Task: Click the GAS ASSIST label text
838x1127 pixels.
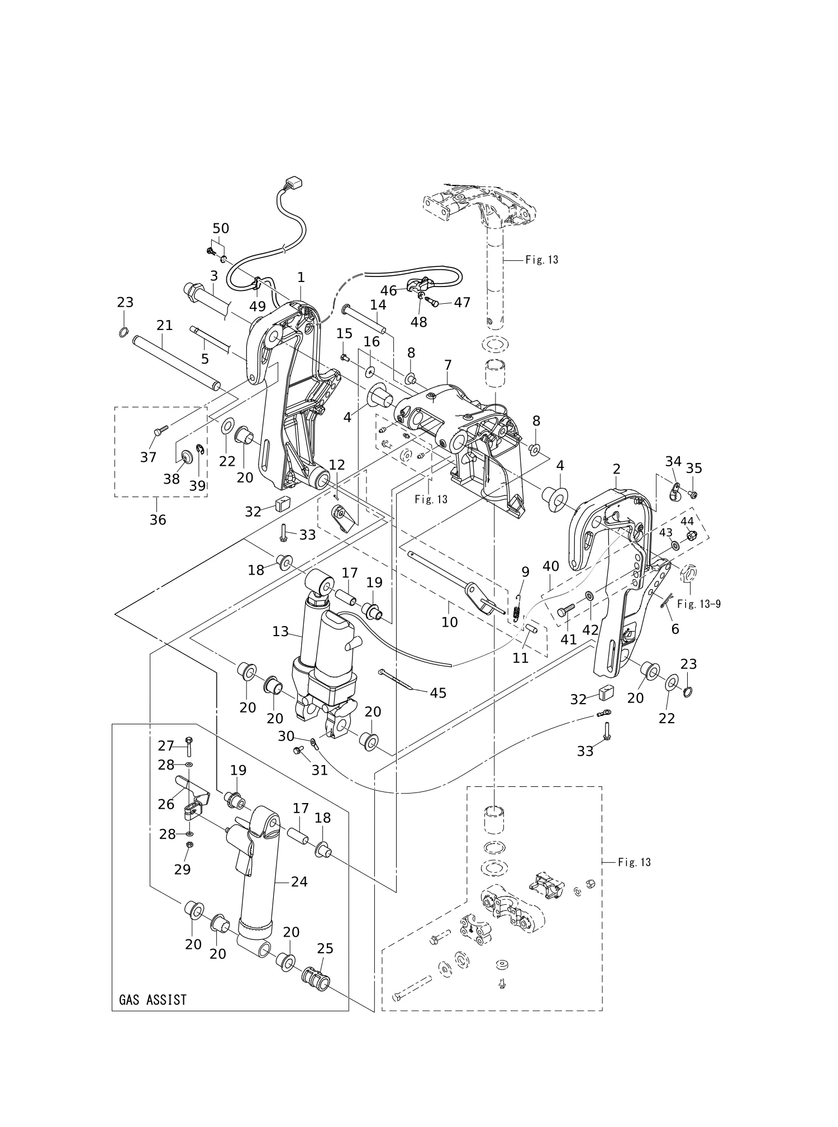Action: point(153,999)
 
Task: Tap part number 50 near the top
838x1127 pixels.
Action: point(221,228)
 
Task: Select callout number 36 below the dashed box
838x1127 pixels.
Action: point(158,520)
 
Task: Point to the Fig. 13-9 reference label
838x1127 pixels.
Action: point(698,604)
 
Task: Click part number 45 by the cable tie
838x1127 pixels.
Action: point(439,693)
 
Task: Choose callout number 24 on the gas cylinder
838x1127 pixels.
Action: point(299,882)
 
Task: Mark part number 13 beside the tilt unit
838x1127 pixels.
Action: point(280,632)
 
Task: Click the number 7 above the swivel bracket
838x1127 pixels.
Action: point(447,365)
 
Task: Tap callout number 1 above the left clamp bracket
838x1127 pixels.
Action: point(301,277)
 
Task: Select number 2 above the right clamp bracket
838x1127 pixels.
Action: point(617,469)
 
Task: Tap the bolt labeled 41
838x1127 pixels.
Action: point(566,610)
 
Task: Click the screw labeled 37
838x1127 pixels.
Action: point(160,431)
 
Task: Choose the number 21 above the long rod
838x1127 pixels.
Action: point(164,325)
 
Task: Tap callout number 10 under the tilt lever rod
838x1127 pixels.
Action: point(450,622)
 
